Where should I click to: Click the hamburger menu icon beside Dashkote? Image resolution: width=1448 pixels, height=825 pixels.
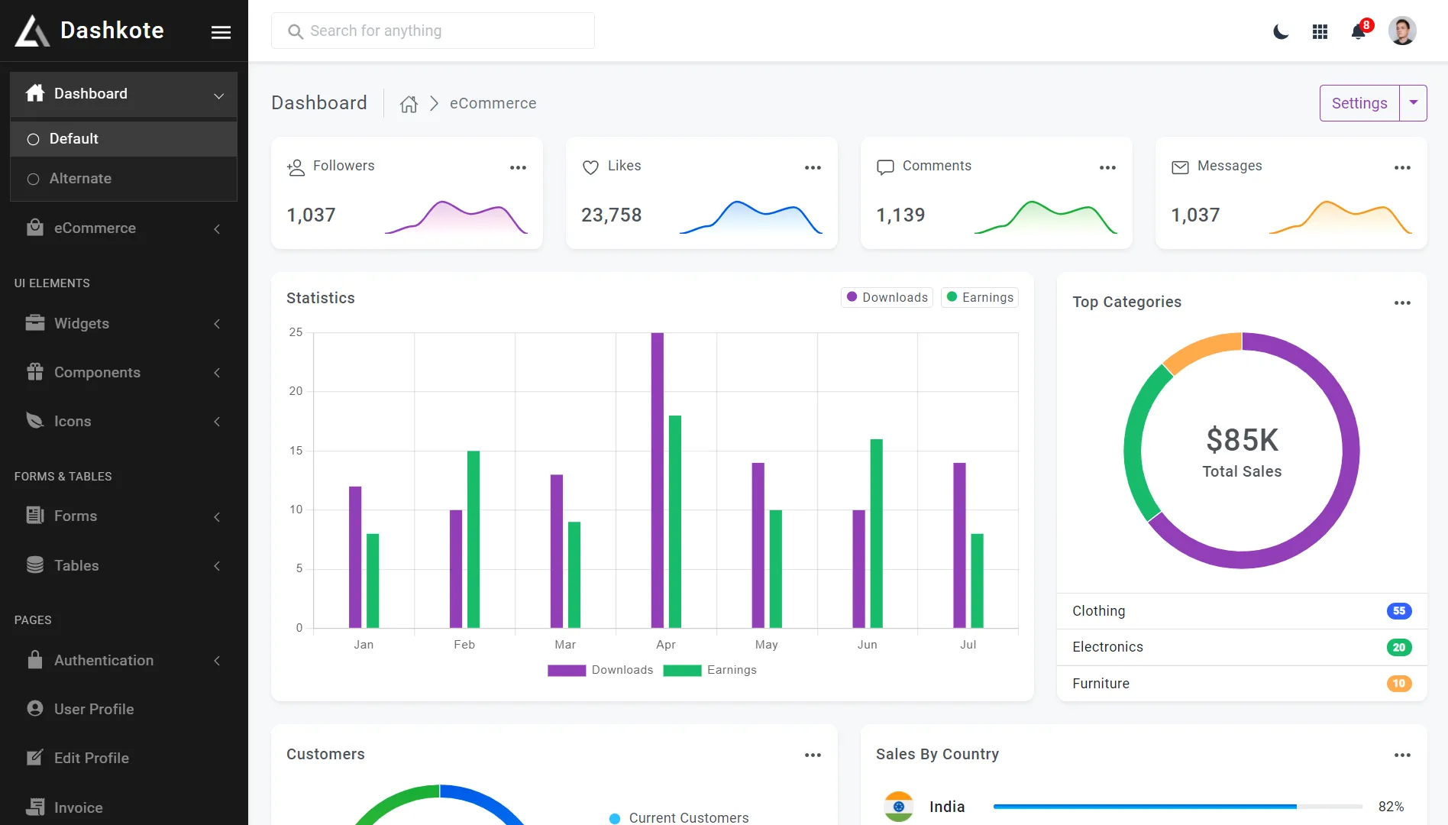pyautogui.click(x=221, y=32)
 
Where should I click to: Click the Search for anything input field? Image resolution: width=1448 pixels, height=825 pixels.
pyautogui.click(x=432, y=31)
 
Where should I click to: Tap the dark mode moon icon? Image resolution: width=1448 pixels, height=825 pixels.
pyautogui.click(x=1281, y=31)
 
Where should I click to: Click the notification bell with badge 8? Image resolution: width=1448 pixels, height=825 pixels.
pyautogui.click(x=1359, y=31)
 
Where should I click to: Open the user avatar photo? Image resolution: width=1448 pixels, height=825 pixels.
pyautogui.click(x=1402, y=31)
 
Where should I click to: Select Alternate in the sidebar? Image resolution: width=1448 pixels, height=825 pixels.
pyautogui.click(x=80, y=178)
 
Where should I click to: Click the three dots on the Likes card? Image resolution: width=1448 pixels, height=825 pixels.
pyautogui.click(x=813, y=167)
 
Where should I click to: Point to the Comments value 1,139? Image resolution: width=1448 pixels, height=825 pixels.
pyautogui.click(x=900, y=215)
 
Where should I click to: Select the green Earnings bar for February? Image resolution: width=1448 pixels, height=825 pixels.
pyautogui.click(x=474, y=539)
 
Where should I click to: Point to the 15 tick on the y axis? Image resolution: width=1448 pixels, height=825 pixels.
pyautogui.click(x=296, y=451)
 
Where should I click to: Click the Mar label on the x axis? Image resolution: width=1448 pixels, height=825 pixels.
pyautogui.click(x=565, y=645)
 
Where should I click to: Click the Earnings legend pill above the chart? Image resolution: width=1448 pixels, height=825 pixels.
pyautogui.click(x=980, y=297)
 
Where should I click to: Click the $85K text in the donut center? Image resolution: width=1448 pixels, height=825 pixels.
pyautogui.click(x=1242, y=440)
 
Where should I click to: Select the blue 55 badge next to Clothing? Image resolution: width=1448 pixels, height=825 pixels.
pyautogui.click(x=1398, y=611)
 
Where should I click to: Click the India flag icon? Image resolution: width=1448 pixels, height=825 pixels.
pyautogui.click(x=899, y=807)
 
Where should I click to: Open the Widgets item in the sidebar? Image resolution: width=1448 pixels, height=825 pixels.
pyautogui.click(x=82, y=323)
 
